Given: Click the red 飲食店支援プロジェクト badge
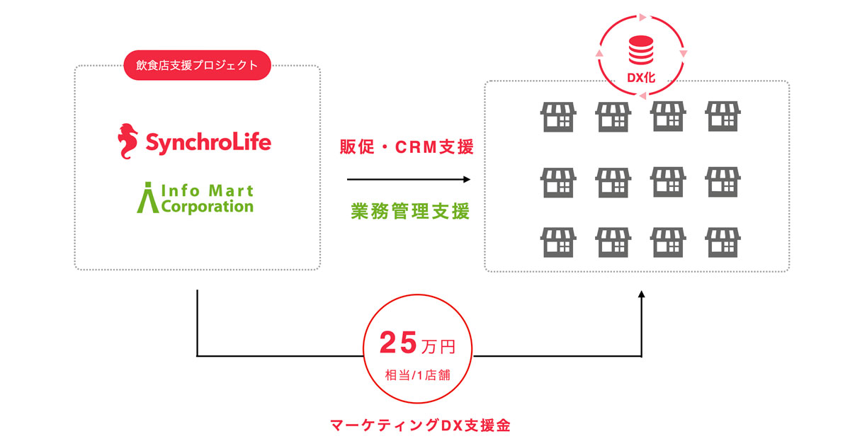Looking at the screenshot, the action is [x=198, y=65].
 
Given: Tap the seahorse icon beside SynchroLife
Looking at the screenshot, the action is [x=127, y=141].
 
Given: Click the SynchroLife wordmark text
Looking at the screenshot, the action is [x=208, y=142].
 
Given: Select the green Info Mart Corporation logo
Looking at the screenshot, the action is [x=195, y=198].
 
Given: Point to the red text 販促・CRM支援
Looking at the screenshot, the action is [x=407, y=147].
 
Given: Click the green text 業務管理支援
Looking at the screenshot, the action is [x=410, y=211].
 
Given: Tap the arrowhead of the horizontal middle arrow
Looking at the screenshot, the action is [x=467, y=179].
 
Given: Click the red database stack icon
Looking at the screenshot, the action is [x=641, y=50].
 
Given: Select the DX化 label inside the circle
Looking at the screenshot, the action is [x=641, y=78].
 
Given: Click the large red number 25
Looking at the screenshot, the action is [x=398, y=343].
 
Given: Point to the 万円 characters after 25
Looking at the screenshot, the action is [x=438, y=347].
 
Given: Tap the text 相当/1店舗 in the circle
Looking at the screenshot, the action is [x=417, y=375].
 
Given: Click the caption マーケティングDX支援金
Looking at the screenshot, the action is [x=421, y=425].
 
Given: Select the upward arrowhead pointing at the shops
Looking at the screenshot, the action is [x=641, y=295].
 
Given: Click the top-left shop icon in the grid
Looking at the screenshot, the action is [x=558, y=116].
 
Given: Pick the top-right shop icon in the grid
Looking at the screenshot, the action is [x=722, y=116].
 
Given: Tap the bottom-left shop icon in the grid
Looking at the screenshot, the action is [x=558, y=242].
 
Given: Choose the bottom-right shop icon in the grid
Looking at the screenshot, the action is [x=722, y=242].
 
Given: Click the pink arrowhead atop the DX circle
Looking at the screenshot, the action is [x=642, y=17].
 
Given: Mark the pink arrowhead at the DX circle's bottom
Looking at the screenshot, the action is [x=642, y=96].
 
